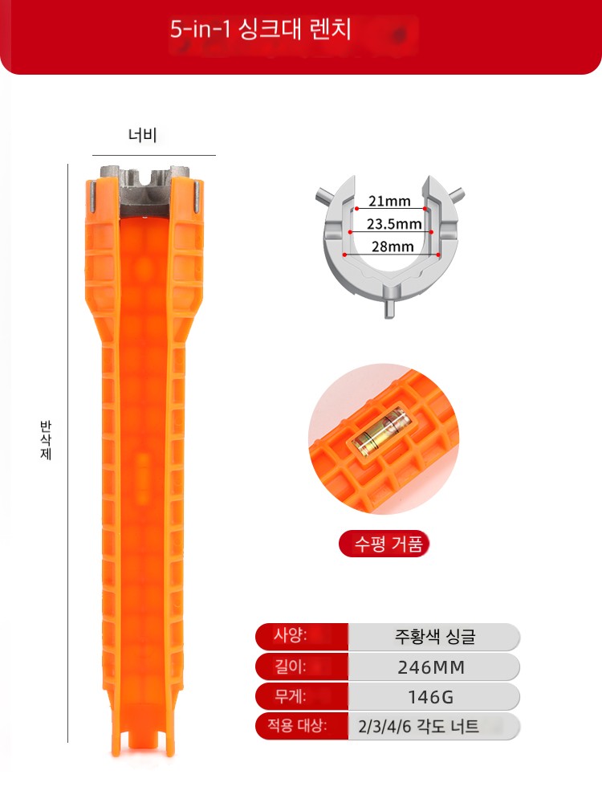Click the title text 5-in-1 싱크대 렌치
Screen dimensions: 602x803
click(x=261, y=30)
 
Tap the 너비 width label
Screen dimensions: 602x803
click(x=142, y=135)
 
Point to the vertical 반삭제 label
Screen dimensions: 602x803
click(x=46, y=440)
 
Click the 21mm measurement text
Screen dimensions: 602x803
click(x=389, y=201)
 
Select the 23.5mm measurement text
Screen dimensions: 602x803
click(x=394, y=224)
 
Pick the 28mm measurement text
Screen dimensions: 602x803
click(x=393, y=247)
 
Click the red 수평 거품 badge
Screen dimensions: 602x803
click(x=384, y=544)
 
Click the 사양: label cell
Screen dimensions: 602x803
click(x=302, y=636)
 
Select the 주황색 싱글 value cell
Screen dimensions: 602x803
click(x=434, y=637)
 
